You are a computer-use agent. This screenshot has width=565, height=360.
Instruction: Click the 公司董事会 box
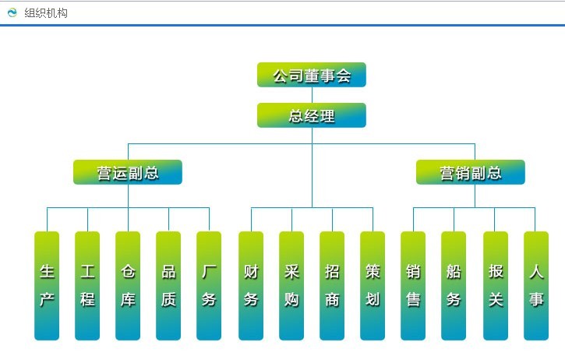point(312,75)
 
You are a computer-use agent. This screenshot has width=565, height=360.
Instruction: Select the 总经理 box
point(312,115)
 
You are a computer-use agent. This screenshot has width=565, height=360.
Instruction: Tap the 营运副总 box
point(128,172)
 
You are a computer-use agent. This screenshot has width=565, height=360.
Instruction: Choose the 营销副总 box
point(471,172)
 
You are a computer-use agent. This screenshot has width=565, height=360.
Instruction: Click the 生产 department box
point(47,286)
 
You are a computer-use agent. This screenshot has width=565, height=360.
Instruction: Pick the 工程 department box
point(87,286)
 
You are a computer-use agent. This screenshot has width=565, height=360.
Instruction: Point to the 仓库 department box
point(128,286)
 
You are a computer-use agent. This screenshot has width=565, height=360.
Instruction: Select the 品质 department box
point(168,286)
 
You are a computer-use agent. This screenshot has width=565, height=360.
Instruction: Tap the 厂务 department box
point(209,286)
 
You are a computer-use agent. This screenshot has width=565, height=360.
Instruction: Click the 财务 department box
point(251,286)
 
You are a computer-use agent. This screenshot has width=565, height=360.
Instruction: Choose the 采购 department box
point(291,286)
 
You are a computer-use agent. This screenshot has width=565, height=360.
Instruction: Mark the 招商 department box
point(332,286)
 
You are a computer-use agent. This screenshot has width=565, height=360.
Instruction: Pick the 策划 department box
point(373,286)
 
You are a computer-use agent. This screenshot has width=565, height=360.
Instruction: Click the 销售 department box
point(413,286)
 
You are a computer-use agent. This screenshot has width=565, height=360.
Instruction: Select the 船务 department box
point(454,286)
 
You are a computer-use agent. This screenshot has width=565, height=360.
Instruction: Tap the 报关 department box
point(496,286)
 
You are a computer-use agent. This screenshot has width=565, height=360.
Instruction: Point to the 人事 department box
point(536,286)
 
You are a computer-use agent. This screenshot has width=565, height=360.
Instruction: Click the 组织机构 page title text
point(46,13)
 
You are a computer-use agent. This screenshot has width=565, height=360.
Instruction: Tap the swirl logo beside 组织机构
point(12,12)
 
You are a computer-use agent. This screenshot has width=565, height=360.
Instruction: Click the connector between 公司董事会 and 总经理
point(312,95)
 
